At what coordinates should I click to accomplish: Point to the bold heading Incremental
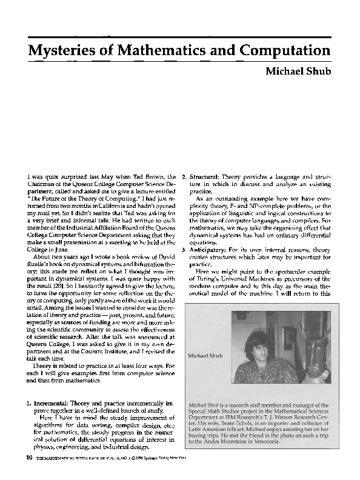point(55,402)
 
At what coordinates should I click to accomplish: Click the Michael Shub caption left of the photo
point(206,356)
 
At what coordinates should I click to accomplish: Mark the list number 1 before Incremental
point(29,402)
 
